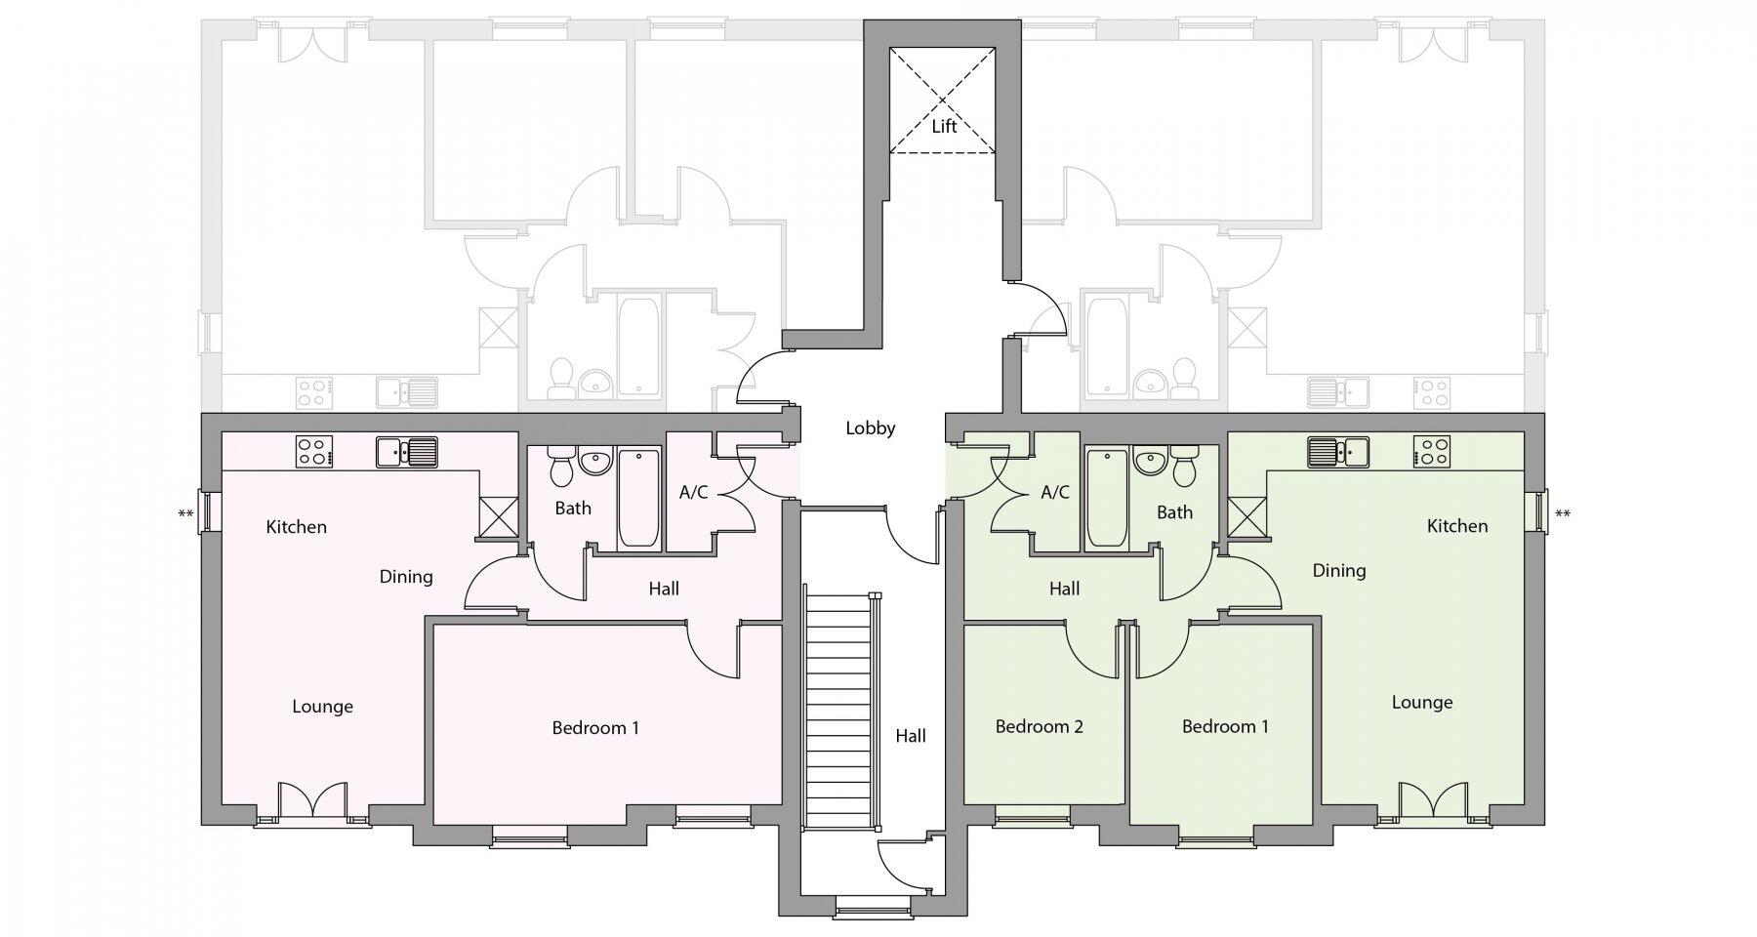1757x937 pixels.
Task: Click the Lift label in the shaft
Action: coord(943,127)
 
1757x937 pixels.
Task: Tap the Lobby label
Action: coord(870,428)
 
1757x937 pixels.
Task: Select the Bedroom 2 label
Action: coord(1039,727)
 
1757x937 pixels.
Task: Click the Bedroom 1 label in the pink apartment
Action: coord(595,728)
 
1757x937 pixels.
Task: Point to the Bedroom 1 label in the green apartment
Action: coord(1225,727)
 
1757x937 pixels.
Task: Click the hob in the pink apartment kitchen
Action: coord(314,451)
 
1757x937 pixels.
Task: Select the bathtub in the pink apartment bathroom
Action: coord(638,499)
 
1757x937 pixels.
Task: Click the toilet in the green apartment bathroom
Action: coord(1183,466)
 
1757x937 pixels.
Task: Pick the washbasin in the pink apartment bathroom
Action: coord(593,462)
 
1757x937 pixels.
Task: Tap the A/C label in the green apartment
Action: coord(1055,493)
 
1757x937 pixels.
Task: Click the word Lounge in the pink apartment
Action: coord(322,707)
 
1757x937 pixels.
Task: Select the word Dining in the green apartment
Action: coord(1338,571)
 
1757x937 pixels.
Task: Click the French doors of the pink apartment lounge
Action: coord(312,802)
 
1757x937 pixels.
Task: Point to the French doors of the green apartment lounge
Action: coord(1433,802)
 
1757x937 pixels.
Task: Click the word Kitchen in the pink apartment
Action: coord(296,527)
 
